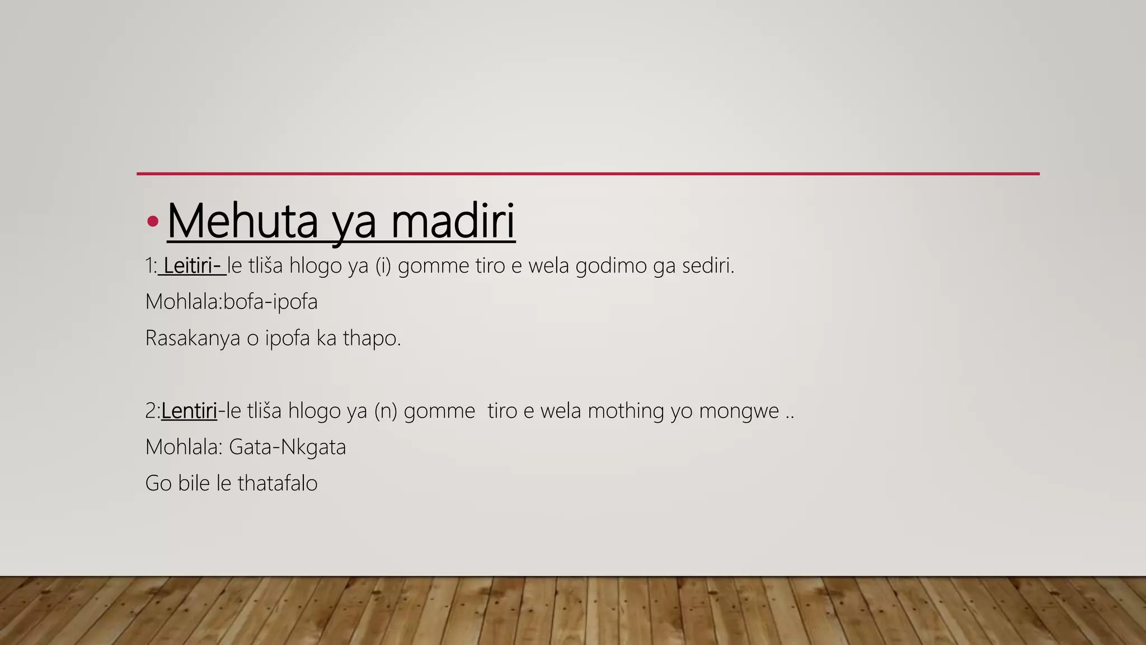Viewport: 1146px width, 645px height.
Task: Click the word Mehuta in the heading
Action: click(x=242, y=221)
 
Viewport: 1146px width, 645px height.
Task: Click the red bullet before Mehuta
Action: click(x=152, y=222)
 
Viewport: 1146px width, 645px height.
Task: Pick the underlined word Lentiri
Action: click(x=189, y=411)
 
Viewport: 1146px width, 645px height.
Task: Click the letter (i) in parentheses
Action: click(x=383, y=265)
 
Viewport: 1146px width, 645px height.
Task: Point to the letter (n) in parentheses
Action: click(x=386, y=411)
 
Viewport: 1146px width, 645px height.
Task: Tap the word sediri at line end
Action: click(x=707, y=265)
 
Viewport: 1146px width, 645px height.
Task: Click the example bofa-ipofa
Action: click(x=270, y=302)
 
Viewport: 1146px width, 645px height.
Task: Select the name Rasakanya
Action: click(x=192, y=338)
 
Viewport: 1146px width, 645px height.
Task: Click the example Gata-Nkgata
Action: click(x=287, y=447)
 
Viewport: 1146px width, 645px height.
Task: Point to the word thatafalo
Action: click(x=278, y=483)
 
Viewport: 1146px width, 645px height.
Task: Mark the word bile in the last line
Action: click(x=194, y=483)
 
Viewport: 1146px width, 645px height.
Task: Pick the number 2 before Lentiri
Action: click(x=151, y=411)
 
